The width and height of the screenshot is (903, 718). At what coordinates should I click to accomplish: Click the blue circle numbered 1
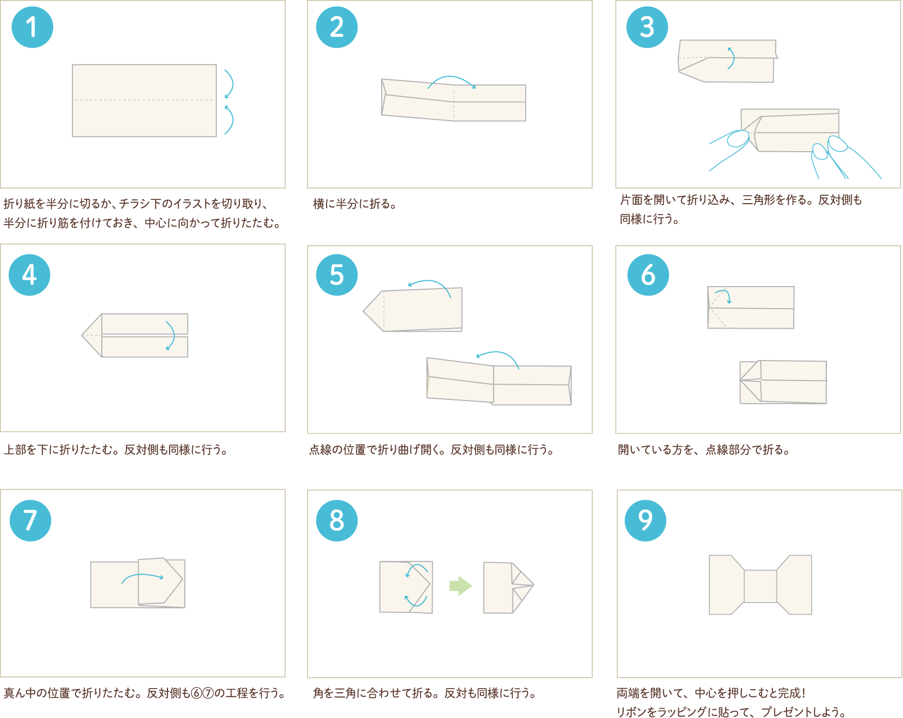tap(33, 27)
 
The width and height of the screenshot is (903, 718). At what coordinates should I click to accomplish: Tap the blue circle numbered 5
tap(337, 275)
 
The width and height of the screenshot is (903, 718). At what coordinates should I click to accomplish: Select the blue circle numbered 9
tap(646, 521)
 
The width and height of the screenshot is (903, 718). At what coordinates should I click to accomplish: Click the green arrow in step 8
tap(460, 586)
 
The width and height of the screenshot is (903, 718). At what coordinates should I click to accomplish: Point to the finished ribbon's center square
tap(760, 586)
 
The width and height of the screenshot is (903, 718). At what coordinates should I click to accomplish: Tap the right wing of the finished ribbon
tap(795, 585)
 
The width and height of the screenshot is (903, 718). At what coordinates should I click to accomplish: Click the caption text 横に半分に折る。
tap(355, 204)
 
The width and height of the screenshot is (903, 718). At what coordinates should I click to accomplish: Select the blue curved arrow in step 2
tap(452, 79)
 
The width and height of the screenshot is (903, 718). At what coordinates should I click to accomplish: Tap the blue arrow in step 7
tap(143, 576)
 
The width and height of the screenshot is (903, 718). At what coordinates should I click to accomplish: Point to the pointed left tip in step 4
tap(82, 335)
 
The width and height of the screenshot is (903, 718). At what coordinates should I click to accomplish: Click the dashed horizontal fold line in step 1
tap(144, 100)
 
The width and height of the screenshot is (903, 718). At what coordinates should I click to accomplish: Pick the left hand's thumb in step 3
tap(738, 139)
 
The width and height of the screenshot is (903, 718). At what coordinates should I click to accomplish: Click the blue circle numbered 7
tap(30, 521)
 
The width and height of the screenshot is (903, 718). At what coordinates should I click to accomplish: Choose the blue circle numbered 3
tap(647, 27)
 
